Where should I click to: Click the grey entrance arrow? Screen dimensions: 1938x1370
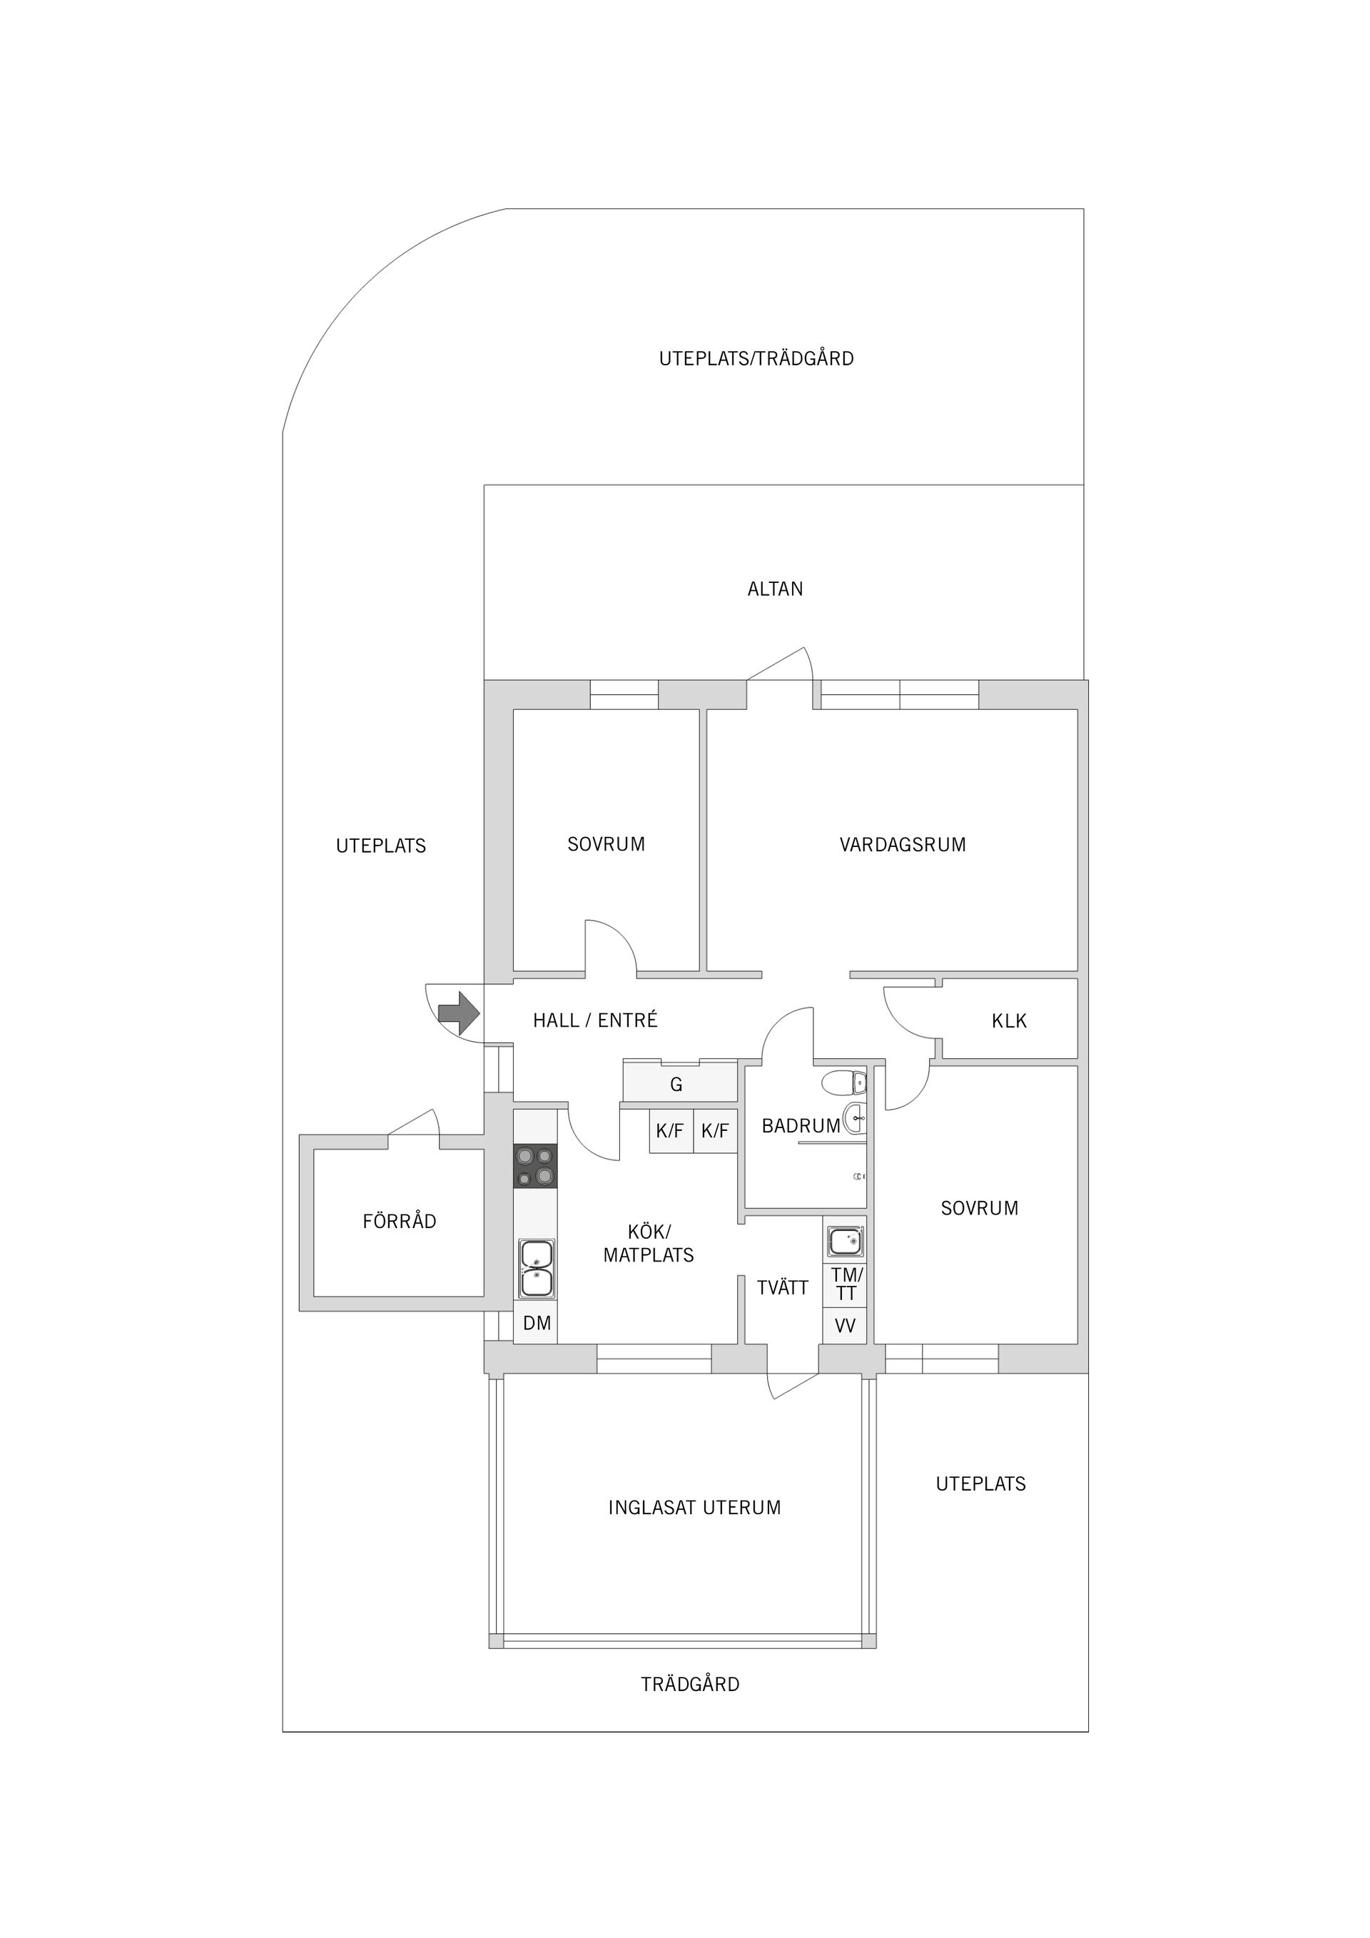click(x=458, y=1013)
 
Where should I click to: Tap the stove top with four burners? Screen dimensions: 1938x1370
click(x=535, y=1167)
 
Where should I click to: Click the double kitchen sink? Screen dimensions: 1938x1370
click(x=536, y=1268)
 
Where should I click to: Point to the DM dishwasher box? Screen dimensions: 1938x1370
click(x=536, y=1324)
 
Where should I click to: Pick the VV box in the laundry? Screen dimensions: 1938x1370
click(x=845, y=1326)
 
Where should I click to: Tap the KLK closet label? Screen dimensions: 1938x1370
click(x=1009, y=1021)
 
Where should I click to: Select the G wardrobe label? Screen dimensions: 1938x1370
click(x=676, y=1085)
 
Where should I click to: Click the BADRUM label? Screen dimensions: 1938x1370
click(x=800, y=1126)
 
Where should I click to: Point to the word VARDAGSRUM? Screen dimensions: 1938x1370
click(x=903, y=845)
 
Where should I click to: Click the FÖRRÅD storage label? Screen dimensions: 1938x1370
click(x=400, y=1222)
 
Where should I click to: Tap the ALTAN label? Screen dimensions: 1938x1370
click(x=775, y=589)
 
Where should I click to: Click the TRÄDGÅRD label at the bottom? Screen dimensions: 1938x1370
click(x=690, y=1685)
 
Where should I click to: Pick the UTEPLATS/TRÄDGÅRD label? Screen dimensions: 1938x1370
click(x=756, y=359)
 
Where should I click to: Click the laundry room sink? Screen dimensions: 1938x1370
click(x=845, y=1242)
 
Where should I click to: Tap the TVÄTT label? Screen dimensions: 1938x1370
click(x=783, y=1288)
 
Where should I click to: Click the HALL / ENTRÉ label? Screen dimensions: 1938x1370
click(x=595, y=1020)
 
